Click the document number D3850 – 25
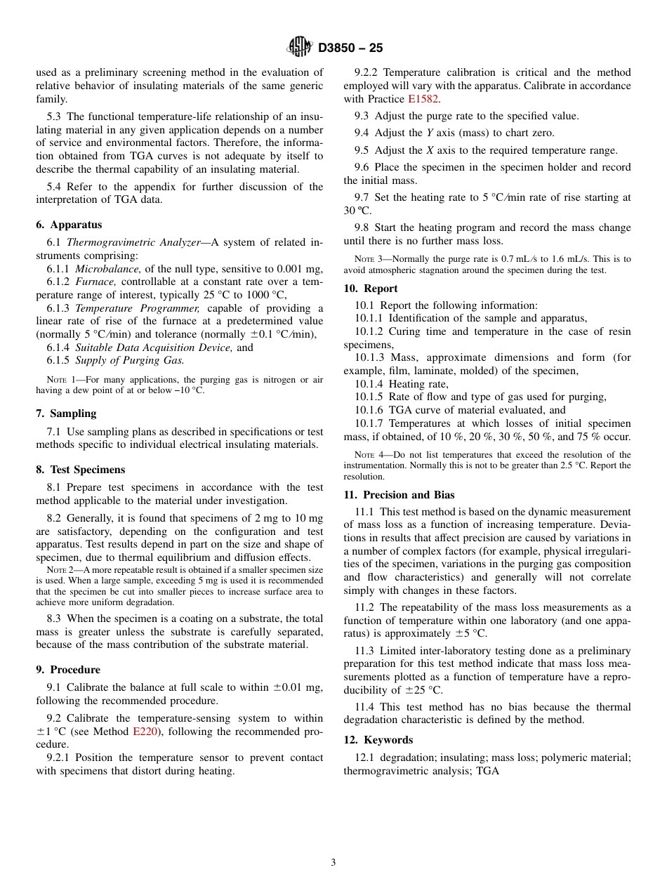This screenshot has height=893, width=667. pyautogui.click(x=350, y=48)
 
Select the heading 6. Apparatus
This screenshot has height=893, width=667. pyautogui.click(x=69, y=225)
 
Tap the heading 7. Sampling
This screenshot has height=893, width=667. pyautogui.click(x=66, y=414)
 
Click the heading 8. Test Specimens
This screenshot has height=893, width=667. pyautogui.click(x=80, y=470)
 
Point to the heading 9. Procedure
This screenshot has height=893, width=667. pyautogui.click(x=68, y=670)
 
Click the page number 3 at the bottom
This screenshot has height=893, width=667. pyautogui.click(x=333, y=863)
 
